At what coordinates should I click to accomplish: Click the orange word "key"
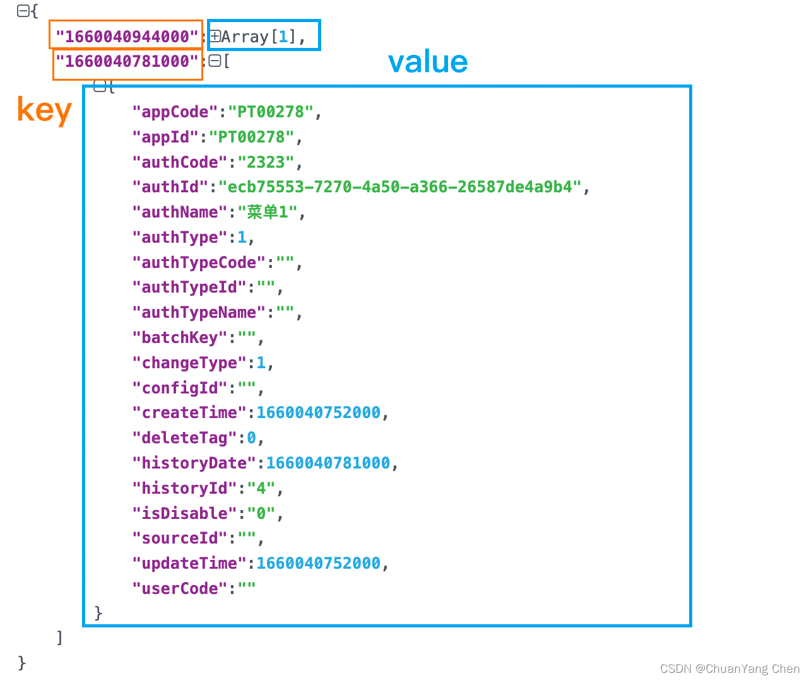pyautogui.click(x=44, y=110)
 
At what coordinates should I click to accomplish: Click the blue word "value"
pyautogui.click(x=428, y=62)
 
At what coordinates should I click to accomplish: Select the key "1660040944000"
pyautogui.click(x=127, y=37)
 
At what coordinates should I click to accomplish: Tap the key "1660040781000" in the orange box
pyautogui.click(x=127, y=61)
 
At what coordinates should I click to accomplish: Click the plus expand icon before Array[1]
pyautogui.click(x=215, y=37)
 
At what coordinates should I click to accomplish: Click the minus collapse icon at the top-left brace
pyautogui.click(x=22, y=11)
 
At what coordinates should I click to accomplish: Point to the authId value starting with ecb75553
pyautogui.click(x=400, y=187)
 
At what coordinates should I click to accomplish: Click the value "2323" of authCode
pyautogui.click(x=266, y=162)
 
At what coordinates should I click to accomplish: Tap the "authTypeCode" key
pyautogui.click(x=198, y=262)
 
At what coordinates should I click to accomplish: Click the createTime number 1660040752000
pyautogui.click(x=318, y=413)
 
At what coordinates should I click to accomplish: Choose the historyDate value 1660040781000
pyautogui.click(x=328, y=463)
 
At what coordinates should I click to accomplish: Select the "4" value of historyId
pyautogui.click(x=261, y=489)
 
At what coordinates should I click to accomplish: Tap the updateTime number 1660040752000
pyautogui.click(x=318, y=564)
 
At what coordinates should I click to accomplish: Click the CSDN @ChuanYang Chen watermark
pyautogui.click(x=729, y=668)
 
